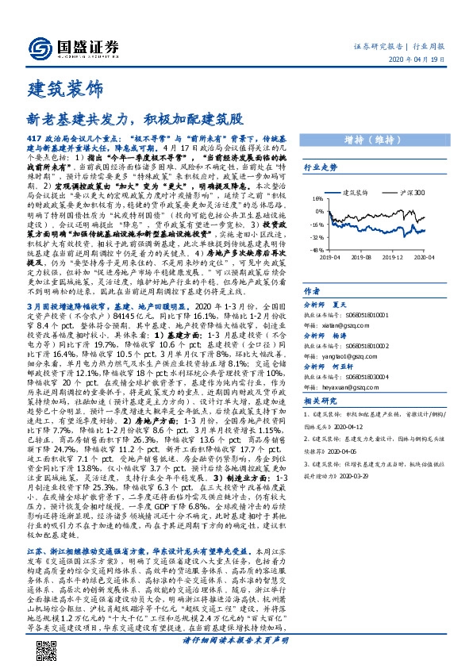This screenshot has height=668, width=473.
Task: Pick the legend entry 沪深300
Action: (x=412, y=193)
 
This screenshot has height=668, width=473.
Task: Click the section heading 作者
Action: (x=312, y=291)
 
